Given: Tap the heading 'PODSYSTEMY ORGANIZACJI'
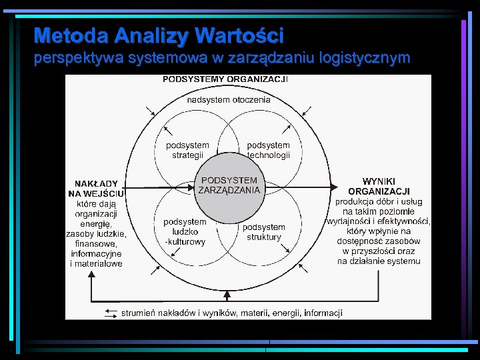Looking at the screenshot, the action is (x=225, y=79).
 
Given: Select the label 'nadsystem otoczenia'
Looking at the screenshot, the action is (x=229, y=99).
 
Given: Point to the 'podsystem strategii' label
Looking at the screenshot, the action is (x=187, y=150).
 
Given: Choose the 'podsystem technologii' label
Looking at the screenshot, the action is (x=269, y=150).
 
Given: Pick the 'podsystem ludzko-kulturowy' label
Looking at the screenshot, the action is (x=185, y=232).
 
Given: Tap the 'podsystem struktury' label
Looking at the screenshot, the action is (x=264, y=232).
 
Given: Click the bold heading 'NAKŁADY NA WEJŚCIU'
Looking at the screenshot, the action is (x=97, y=188).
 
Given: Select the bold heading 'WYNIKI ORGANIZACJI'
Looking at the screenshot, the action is (x=379, y=186).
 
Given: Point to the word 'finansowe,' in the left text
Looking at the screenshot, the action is (x=96, y=244).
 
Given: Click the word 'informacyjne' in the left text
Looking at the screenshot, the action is (x=97, y=254).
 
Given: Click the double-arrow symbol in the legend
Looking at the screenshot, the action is (x=110, y=313).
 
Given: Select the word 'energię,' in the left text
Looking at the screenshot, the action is (x=97, y=224).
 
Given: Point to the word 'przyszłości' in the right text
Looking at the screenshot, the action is (x=377, y=251).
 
